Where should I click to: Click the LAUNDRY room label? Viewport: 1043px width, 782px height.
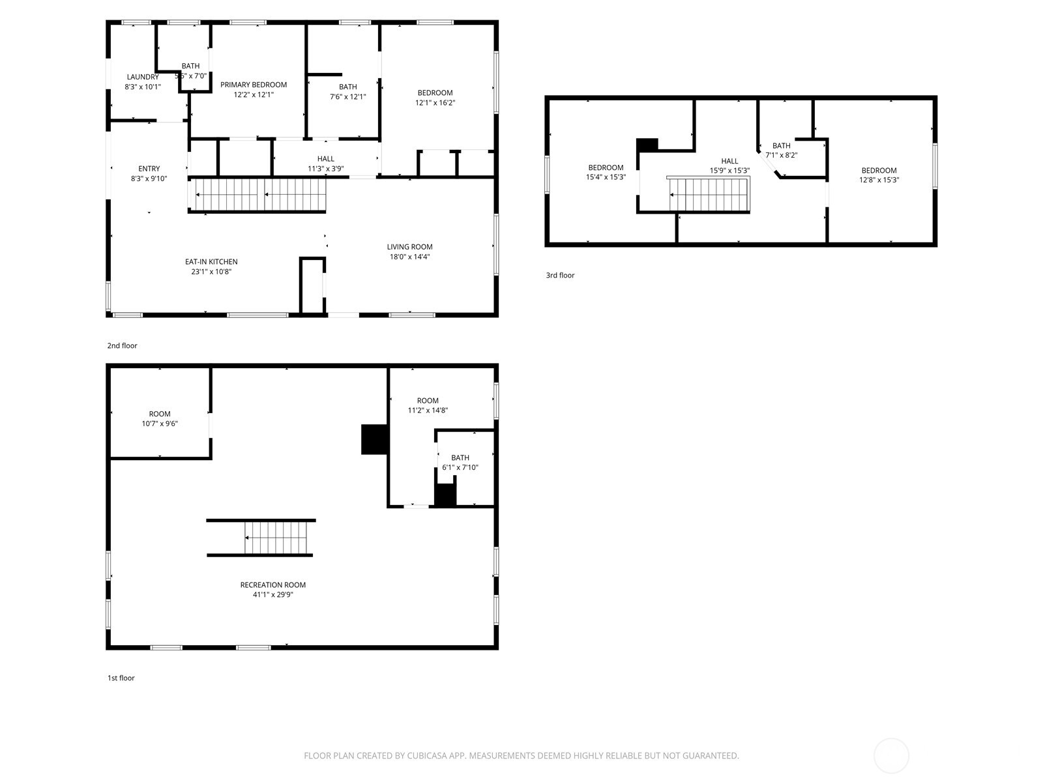coord(143,77)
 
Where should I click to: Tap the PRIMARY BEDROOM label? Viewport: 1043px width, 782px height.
coord(254,85)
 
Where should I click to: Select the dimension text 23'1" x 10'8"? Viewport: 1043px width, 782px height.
coord(211,272)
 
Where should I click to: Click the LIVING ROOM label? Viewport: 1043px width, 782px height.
coord(409,247)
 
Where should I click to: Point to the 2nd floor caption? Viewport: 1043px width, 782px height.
coord(123,346)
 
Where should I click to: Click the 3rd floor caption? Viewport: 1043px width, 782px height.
coord(560,276)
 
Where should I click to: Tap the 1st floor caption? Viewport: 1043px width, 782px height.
coord(121,678)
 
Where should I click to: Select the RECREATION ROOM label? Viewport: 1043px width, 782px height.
coord(272,585)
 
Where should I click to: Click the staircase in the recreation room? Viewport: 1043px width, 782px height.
coord(275,538)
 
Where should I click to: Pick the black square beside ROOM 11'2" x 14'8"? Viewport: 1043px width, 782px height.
coord(374,439)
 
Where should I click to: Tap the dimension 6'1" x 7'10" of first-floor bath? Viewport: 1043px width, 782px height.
coord(460,467)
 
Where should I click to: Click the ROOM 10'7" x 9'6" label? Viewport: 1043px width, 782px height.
coord(160,414)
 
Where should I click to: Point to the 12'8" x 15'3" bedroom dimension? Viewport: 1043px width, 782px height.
coord(879,180)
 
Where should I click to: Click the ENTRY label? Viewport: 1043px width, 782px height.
coord(149,169)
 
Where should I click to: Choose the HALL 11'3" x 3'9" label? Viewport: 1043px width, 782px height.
coord(325,159)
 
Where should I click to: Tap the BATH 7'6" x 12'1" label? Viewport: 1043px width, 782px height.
coord(347,87)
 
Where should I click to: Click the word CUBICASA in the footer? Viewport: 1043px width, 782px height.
coord(426,756)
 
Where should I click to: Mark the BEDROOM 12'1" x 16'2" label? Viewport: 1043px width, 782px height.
coord(435,93)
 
